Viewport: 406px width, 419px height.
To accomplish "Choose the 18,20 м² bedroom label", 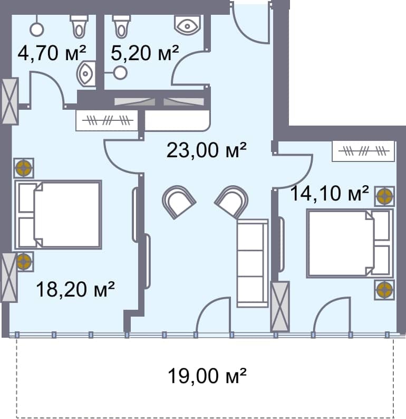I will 75,289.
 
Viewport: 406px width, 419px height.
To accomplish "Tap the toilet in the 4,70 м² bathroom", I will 79,25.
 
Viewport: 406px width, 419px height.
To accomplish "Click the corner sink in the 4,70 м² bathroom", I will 86,74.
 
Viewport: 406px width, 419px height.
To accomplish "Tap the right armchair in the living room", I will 231,201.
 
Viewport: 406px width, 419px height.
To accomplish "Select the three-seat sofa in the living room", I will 253,263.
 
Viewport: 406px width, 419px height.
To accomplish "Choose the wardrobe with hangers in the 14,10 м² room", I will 363,151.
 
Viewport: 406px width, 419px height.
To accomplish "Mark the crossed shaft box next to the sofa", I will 280,306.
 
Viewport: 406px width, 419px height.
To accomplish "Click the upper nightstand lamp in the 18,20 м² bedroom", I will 24,168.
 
